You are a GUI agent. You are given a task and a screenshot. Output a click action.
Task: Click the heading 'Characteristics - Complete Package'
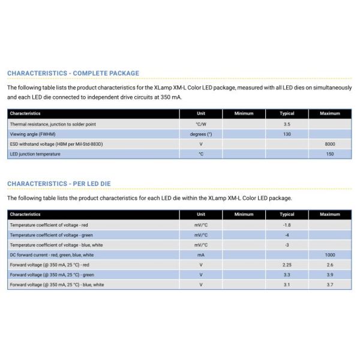(73, 73)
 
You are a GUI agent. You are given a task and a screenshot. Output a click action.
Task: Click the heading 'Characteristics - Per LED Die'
(59, 184)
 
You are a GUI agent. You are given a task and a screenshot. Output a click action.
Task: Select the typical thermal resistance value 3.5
(287, 124)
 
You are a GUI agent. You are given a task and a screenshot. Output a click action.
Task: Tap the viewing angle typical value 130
(287, 134)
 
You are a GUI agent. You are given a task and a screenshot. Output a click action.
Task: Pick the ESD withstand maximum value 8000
(330, 144)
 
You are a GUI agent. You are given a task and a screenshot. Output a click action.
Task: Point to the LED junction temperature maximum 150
(330, 154)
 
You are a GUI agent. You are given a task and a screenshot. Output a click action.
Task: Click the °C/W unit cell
(201, 124)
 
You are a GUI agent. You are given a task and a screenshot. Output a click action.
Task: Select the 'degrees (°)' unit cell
(201, 134)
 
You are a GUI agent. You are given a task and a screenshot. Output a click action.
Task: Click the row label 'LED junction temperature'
(35, 154)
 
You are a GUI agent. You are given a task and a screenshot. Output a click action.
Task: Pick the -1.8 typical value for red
(287, 224)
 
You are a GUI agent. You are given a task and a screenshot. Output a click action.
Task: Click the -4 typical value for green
(287, 235)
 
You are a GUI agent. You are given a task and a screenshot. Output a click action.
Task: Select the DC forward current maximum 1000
(330, 255)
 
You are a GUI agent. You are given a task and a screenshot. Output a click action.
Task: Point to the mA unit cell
(201, 255)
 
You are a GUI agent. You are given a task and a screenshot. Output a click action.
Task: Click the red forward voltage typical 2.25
(287, 265)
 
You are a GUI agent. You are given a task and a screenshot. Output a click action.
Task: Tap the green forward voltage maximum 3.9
(330, 275)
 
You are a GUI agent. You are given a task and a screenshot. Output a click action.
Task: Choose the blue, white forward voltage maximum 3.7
(330, 285)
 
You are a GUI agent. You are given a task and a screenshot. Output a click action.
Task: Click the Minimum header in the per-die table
(244, 214)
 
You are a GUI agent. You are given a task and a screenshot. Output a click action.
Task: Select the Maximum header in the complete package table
(330, 113)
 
